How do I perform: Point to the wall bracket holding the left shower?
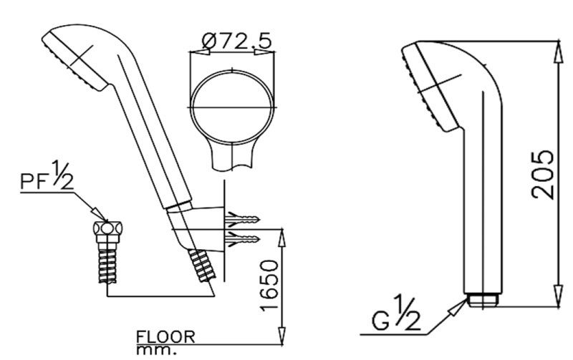click(204, 222)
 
